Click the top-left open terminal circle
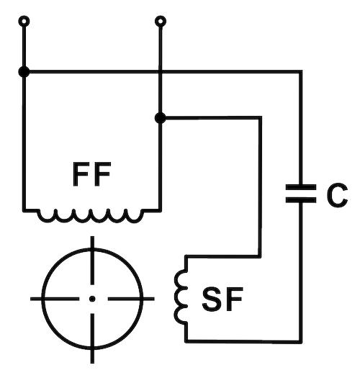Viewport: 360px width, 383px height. click(x=24, y=22)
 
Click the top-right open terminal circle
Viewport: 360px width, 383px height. click(x=161, y=22)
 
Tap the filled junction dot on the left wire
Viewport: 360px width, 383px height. click(x=24, y=72)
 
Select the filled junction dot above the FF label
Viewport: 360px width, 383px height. click(x=161, y=118)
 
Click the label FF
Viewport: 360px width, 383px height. click(x=91, y=174)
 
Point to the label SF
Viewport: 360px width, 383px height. click(x=222, y=299)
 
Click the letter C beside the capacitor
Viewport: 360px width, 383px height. click(x=337, y=195)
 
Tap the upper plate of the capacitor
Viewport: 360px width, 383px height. click(x=301, y=187)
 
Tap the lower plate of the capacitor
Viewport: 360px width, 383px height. click(x=301, y=200)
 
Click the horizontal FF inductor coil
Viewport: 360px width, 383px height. click(x=90, y=216)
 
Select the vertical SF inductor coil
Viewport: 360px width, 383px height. click(x=181, y=297)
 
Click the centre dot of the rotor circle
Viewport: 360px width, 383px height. click(x=92, y=299)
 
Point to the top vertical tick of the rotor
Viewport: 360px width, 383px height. click(x=92, y=261)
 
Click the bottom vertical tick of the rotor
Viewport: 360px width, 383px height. click(x=92, y=338)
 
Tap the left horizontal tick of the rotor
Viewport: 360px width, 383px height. click(x=55, y=299)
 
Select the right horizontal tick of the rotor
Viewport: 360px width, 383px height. click(x=131, y=299)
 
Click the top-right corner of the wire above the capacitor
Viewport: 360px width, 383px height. click(x=301, y=72)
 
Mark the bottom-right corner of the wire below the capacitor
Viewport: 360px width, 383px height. click(x=301, y=342)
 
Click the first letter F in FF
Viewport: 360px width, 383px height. click(x=81, y=174)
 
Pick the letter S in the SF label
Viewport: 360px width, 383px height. click(x=212, y=299)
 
